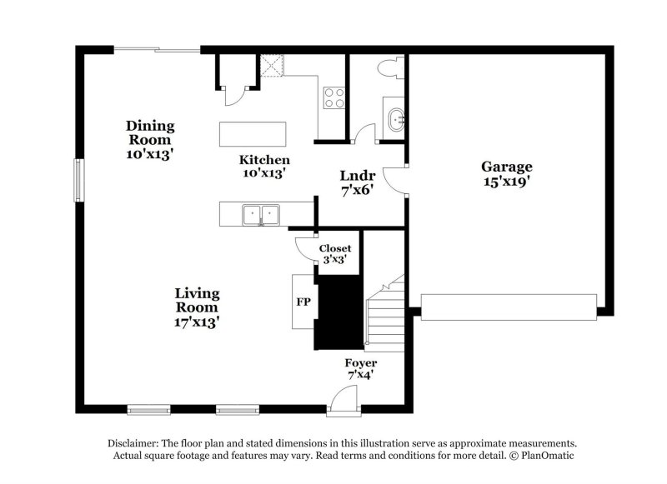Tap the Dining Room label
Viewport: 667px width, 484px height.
click(x=150, y=139)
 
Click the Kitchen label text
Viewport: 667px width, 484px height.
click(x=264, y=166)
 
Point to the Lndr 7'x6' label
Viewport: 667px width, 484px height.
click(x=357, y=182)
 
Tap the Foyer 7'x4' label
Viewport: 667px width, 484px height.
click(x=360, y=369)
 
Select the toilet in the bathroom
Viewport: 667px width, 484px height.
click(x=390, y=67)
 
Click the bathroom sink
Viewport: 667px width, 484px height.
click(x=395, y=119)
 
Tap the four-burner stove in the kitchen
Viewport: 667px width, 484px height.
click(x=334, y=98)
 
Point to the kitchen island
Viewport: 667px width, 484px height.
click(x=253, y=134)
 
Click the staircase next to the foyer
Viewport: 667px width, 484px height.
click(x=384, y=317)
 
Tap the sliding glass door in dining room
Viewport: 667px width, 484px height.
click(x=157, y=51)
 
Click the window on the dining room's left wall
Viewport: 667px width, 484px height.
click(x=78, y=180)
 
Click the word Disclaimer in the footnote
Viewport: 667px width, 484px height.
click(x=138, y=444)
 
